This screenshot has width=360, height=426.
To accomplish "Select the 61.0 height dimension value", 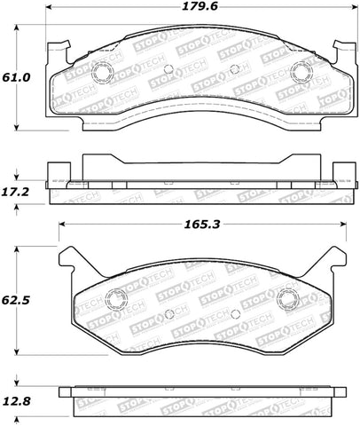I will click(18, 78).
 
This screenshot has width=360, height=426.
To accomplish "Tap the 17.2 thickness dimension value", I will click(18, 190).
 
